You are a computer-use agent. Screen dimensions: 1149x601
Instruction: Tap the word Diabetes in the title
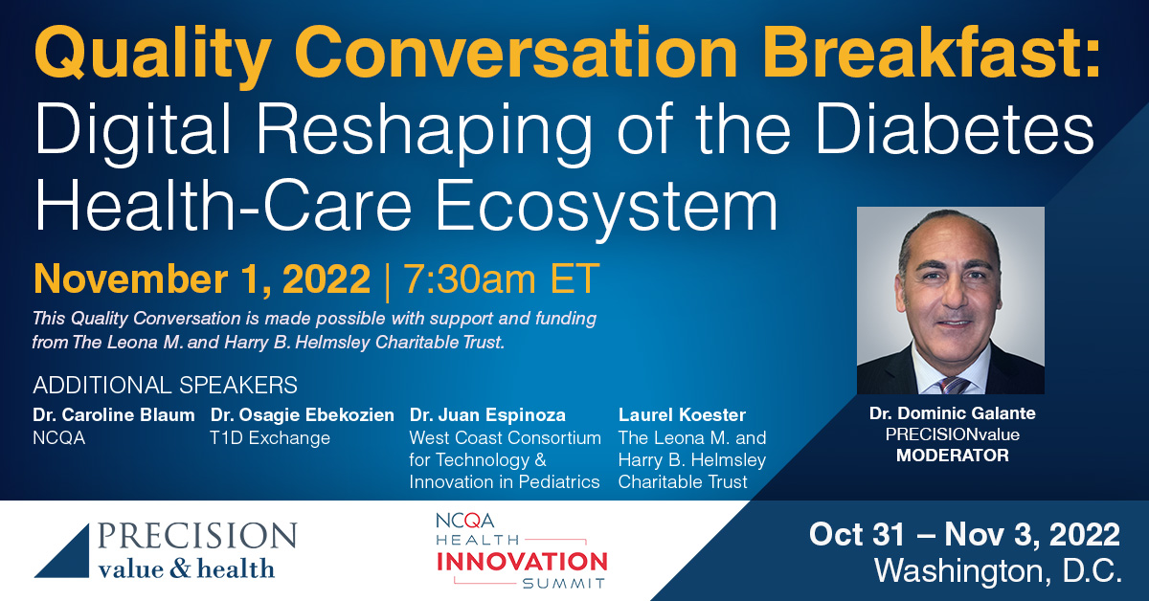tap(953, 128)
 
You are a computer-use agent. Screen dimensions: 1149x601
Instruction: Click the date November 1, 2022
tap(202, 278)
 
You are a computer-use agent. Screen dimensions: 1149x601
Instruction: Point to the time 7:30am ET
tap(501, 278)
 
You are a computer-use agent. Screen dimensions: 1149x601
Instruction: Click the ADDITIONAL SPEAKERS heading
tap(165, 385)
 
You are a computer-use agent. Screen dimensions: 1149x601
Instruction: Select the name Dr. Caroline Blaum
tap(114, 414)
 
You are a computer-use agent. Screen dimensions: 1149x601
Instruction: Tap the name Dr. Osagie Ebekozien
tap(303, 414)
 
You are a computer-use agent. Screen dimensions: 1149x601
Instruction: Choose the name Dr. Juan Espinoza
tap(487, 414)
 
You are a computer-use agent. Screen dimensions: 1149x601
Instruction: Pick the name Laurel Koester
tap(682, 414)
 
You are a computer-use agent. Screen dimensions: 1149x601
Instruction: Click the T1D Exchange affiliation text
tap(270, 438)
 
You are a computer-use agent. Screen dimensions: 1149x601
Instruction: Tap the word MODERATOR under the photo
tap(953, 456)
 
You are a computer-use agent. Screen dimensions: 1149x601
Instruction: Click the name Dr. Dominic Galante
tap(953, 413)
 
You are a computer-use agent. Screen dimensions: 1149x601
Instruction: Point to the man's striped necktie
tap(953, 385)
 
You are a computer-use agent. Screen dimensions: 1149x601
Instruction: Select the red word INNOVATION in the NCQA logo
tap(522, 562)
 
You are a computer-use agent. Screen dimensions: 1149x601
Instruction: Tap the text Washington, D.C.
tap(997, 570)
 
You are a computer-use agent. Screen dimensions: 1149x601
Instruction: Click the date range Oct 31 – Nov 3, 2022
tap(964, 534)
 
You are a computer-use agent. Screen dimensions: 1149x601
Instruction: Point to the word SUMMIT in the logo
tap(564, 584)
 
